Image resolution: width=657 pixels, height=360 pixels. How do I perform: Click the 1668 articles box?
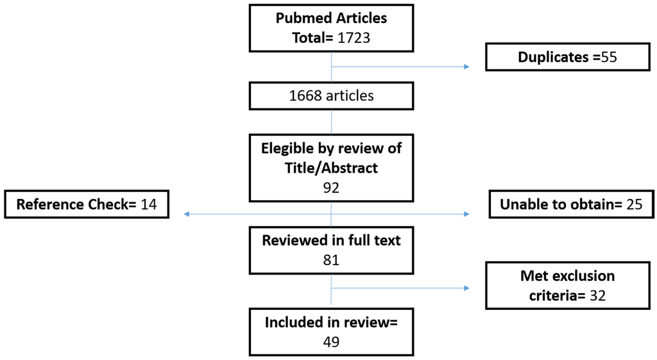click(331, 96)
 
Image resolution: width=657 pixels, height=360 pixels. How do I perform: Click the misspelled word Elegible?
click(289, 149)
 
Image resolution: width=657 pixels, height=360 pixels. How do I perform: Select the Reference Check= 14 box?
click(87, 205)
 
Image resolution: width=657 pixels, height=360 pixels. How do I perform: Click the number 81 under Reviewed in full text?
click(331, 260)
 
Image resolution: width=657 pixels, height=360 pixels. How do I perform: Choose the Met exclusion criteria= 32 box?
click(567, 285)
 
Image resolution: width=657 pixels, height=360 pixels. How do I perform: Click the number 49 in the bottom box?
click(331, 341)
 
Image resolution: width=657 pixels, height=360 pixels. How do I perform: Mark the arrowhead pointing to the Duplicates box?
click(466, 66)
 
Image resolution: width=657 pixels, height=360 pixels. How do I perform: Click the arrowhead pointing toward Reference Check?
click(187, 214)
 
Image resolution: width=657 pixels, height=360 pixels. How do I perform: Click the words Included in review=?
click(331, 323)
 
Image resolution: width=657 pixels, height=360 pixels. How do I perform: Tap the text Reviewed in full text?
click(331, 241)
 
